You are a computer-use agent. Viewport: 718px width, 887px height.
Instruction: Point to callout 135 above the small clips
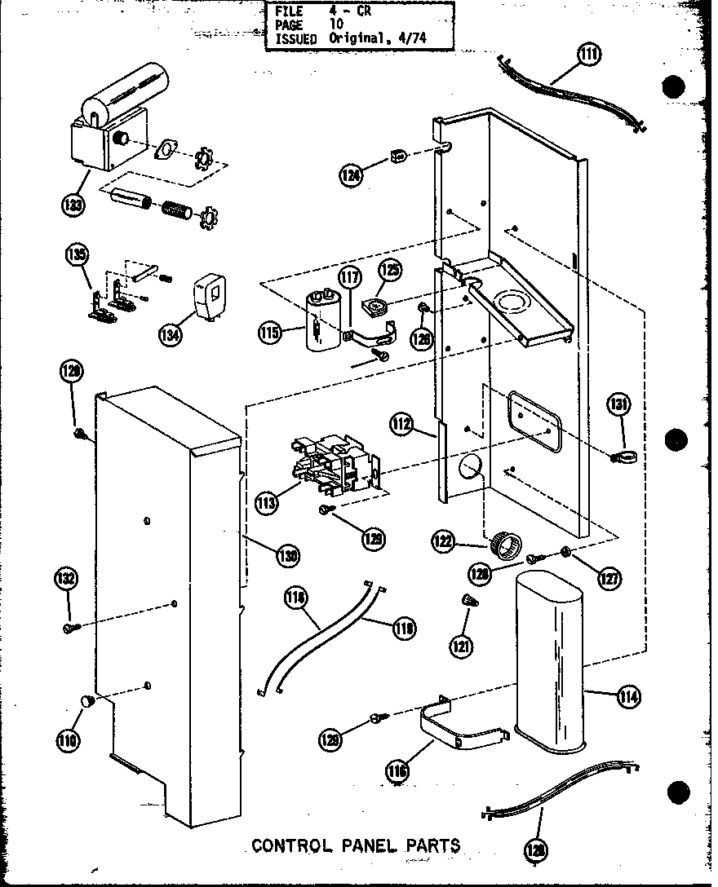[77, 255]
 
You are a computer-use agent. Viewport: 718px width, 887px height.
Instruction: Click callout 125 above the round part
[389, 271]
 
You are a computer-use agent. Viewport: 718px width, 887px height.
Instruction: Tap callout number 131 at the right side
[619, 403]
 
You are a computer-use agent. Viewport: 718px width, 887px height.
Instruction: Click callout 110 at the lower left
[67, 739]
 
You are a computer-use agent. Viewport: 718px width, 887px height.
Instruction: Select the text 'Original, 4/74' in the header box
[378, 38]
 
